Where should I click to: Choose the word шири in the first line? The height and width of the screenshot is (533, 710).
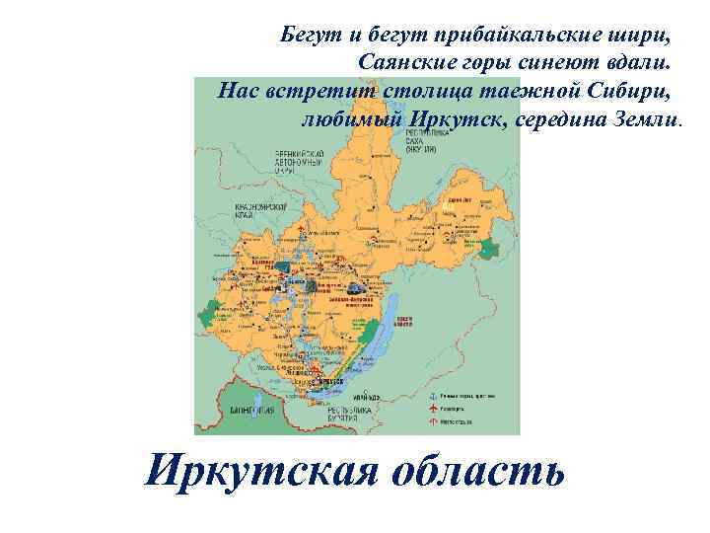tap(641, 38)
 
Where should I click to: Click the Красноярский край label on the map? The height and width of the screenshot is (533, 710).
tap(259, 210)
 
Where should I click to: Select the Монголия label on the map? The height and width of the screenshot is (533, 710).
tap(250, 408)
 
